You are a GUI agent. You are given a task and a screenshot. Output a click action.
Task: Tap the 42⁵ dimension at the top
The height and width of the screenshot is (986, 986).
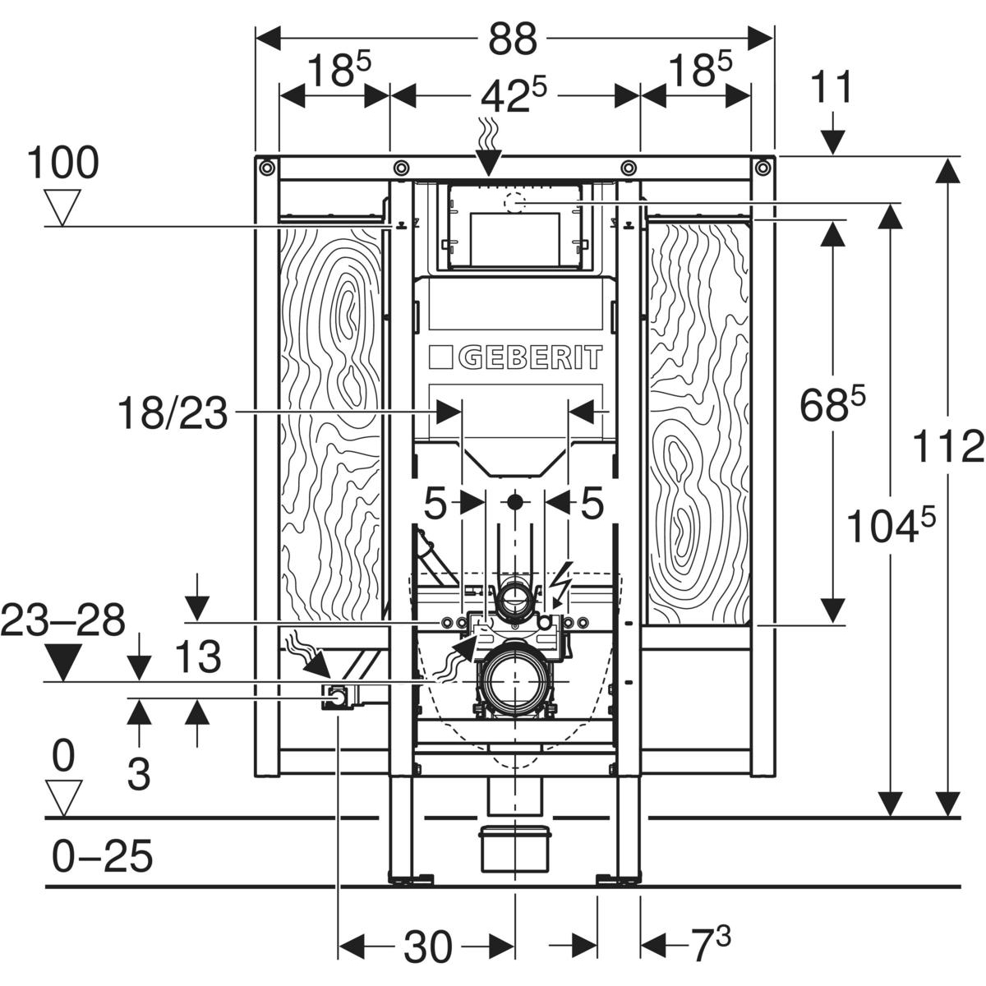(514, 97)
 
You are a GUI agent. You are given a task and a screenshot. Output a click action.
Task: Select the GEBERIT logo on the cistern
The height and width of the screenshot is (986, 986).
(516, 357)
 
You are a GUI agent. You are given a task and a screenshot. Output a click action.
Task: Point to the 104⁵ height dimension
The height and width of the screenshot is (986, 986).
(892, 526)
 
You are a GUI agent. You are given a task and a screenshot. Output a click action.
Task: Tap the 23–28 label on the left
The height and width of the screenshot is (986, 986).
(63, 620)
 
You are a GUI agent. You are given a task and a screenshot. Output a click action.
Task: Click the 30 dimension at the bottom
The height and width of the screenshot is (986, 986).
(427, 947)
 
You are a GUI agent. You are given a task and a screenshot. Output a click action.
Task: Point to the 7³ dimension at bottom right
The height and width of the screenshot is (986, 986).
(710, 945)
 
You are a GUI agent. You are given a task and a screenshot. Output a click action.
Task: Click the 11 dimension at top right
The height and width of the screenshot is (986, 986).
(832, 88)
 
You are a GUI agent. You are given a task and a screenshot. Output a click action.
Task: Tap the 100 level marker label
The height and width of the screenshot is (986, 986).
(62, 164)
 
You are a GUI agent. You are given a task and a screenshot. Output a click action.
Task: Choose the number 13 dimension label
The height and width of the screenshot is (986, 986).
(198, 657)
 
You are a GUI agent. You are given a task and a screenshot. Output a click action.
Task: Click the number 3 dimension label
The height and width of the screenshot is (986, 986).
(140, 774)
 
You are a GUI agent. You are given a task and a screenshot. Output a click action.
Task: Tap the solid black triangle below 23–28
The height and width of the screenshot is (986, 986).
(63, 661)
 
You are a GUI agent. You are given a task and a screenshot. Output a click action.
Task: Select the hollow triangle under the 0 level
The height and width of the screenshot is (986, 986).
(63, 796)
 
